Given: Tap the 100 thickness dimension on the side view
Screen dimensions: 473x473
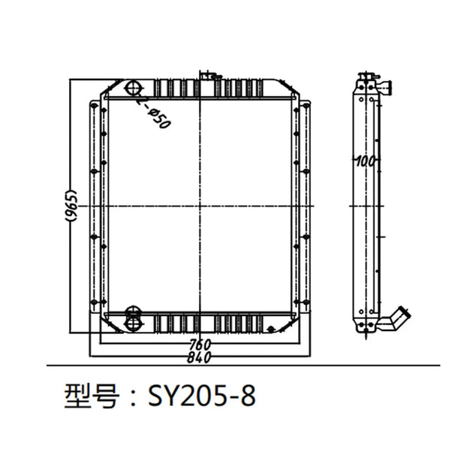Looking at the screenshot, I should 366,161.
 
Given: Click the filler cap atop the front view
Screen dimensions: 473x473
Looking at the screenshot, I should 208,74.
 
